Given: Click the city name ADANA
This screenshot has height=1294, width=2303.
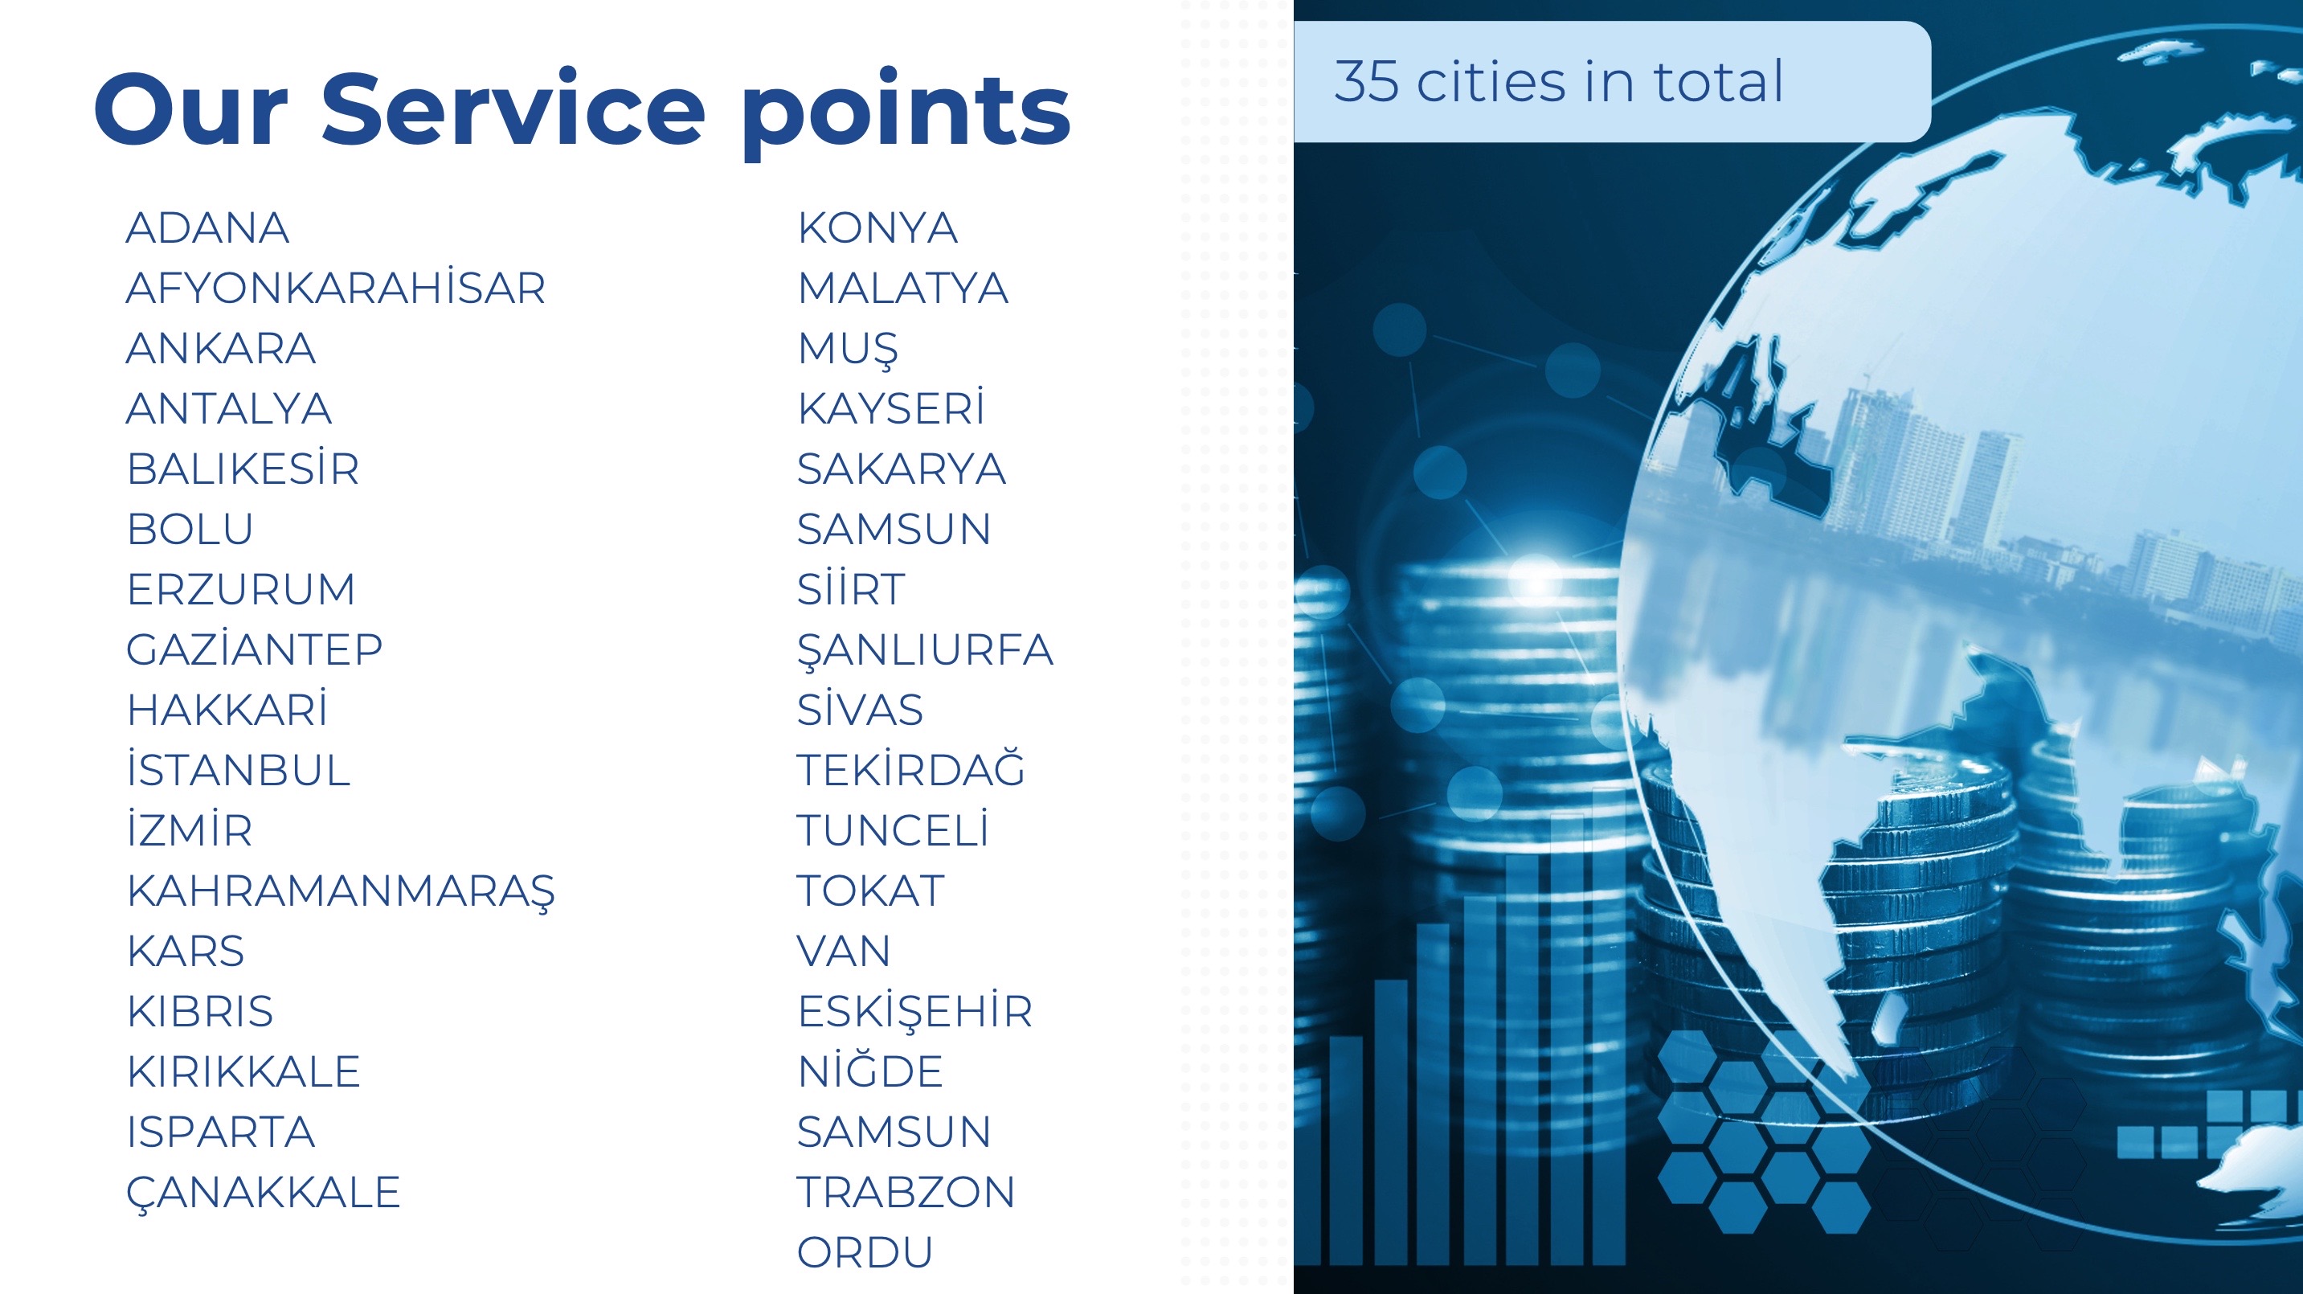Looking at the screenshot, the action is click(207, 227).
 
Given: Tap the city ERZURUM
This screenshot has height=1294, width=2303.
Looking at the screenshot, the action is click(241, 588).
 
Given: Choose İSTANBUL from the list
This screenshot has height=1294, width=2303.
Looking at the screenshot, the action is click(239, 768).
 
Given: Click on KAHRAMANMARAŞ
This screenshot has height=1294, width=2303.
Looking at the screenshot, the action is click(341, 891).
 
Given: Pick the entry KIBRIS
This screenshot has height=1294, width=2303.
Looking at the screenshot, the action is click(200, 1010).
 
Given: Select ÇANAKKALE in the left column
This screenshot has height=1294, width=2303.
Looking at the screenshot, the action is click(264, 1193).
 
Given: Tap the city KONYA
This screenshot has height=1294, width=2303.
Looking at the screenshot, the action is click(878, 227).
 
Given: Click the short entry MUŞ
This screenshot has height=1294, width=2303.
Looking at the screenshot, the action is click(848, 349).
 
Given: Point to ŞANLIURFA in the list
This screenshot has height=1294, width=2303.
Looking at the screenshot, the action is click(926, 650).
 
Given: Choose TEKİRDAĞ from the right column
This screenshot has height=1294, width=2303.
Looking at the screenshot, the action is click(911, 768).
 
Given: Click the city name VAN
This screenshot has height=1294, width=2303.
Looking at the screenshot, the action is click(844, 951).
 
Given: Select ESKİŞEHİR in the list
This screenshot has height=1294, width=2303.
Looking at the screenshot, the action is click(915, 1011).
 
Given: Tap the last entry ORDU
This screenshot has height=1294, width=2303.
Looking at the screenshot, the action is click(865, 1252).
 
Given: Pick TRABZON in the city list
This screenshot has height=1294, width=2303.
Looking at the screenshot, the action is click(906, 1191).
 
